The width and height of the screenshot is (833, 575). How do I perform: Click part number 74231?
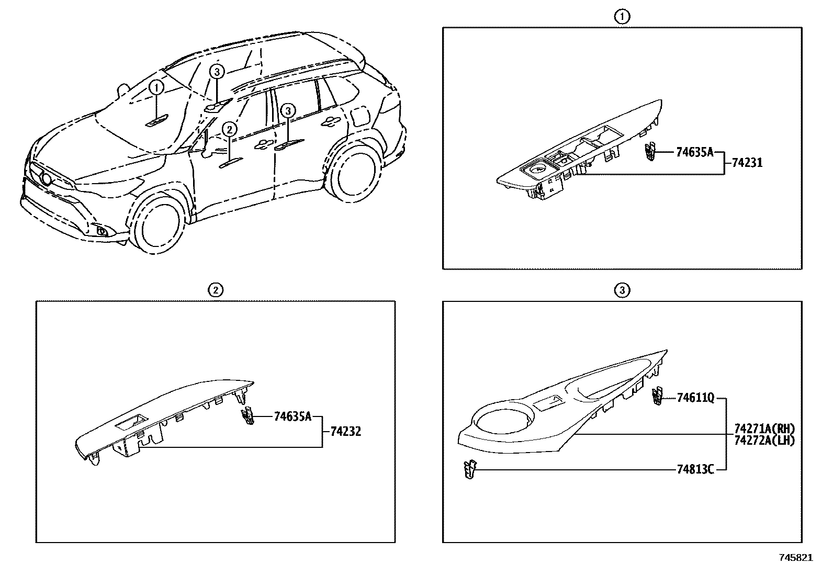pos(747,163)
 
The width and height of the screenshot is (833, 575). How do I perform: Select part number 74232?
pos(345,432)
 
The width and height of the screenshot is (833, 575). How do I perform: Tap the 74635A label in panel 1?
pos(694,152)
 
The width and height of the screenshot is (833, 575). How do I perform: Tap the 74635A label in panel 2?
pos(292,416)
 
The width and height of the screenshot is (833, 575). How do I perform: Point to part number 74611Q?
pos(695,398)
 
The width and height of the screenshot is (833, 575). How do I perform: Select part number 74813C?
pos(695,470)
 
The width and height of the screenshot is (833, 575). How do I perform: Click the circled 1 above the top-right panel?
pos(622,17)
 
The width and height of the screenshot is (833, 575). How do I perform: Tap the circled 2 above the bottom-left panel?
pos(216,290)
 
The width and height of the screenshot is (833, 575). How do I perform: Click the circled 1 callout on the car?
pos(156,87)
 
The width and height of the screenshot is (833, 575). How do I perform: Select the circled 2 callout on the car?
pos(230,129)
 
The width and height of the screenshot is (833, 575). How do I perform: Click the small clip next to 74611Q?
pos(657,397)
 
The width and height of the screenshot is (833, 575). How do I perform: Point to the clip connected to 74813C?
pos(470,469)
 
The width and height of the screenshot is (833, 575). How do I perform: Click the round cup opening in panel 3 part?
pos(502,420)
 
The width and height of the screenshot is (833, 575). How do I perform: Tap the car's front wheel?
pos(157,226)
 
